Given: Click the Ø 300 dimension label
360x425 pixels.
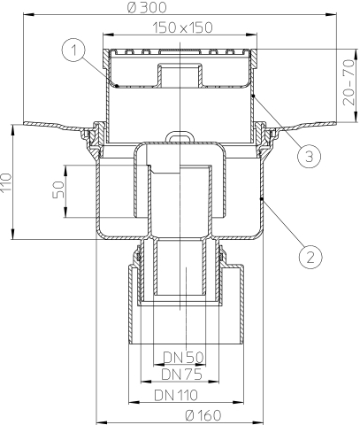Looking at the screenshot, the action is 147,7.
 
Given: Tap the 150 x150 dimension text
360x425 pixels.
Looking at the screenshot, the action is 182,27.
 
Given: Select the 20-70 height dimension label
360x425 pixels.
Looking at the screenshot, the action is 349,82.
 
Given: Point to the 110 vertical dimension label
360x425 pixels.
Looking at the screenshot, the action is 6,182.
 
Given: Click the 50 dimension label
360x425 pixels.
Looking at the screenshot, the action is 58,189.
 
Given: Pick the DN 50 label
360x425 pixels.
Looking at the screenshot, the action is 183,358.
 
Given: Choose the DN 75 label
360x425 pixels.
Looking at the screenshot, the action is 181,375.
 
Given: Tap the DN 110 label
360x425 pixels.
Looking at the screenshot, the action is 176,395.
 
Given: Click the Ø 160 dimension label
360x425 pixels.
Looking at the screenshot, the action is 203,415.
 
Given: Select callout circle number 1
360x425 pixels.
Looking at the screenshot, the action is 73,50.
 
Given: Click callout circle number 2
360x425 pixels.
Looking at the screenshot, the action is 310,257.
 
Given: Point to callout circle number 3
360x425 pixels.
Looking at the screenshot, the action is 309,156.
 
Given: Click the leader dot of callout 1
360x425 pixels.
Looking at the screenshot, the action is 117,86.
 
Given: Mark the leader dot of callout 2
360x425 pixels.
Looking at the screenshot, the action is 261,199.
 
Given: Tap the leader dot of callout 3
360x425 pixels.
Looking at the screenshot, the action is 254,96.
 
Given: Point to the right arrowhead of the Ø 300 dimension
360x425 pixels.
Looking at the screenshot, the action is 331,14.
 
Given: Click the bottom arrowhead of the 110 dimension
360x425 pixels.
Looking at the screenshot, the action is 12,234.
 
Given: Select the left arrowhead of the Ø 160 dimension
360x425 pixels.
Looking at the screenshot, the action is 103,422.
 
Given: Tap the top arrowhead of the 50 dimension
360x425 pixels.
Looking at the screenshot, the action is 65,171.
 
